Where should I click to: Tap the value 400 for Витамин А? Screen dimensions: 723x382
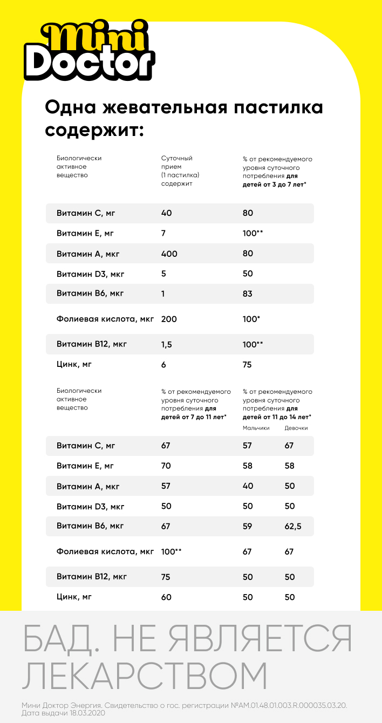[x=169, y=254]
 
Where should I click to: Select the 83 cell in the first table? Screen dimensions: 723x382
[x=248, y=294]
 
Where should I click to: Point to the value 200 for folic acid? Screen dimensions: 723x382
[x=169, y=319]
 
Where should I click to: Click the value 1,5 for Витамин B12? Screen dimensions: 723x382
[x=166, y=345]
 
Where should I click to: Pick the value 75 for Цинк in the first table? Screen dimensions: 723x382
[x=248, y=365]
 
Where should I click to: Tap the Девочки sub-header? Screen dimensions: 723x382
[x=296, y=428]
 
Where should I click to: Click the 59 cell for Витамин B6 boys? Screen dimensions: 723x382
[x=248, y=527]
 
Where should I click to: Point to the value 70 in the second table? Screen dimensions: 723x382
[x=166, y=466]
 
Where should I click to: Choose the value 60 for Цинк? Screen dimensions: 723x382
[x=166, y=597]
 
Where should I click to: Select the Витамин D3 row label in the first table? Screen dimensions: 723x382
[x=91, y=274]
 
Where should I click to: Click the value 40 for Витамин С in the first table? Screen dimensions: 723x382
[x=166, y=213]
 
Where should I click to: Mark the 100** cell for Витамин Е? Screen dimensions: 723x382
[x=253, y=234]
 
